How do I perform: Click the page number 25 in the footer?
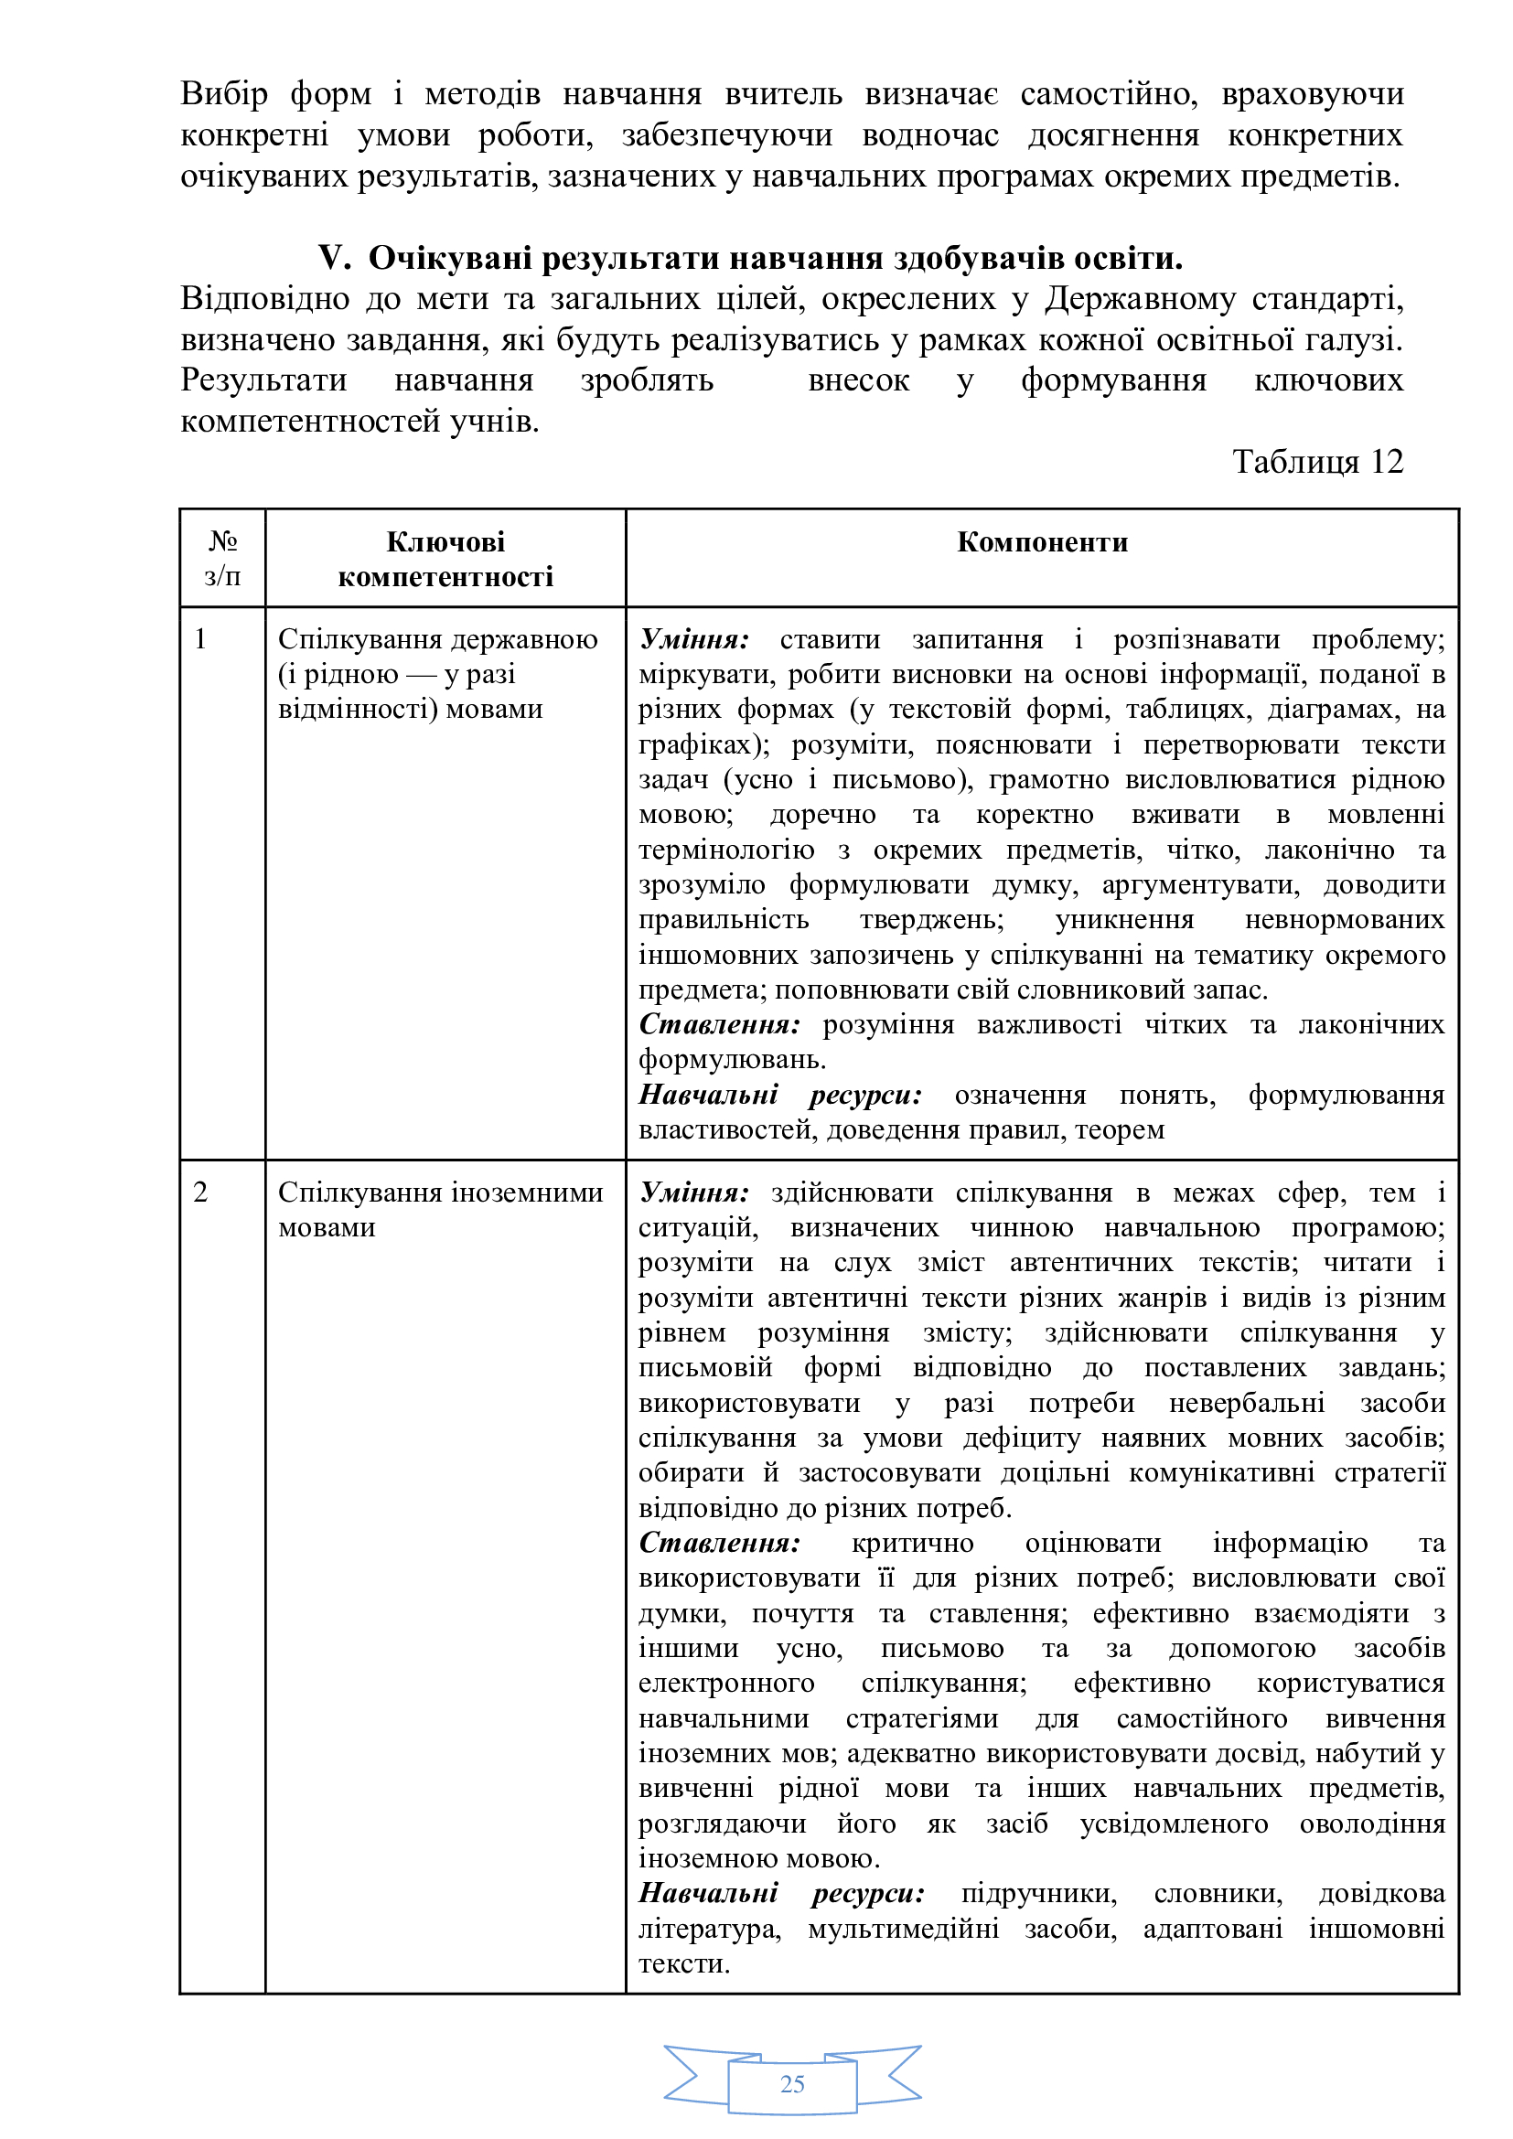click(792, 2084)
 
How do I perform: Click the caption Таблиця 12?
click(1317, 462)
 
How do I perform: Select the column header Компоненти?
click(1043, 542)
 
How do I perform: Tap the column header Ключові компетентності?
click(445, 559)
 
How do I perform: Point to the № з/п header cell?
click(222, 559)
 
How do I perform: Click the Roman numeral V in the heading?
click(333, 258)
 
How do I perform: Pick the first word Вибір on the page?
click(224, 94)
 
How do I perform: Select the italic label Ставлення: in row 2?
click(719, 1543)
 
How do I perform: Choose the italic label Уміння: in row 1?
click(694, 639)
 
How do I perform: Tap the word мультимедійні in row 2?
click(903, 1929)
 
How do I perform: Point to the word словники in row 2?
click(1218, 1893)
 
